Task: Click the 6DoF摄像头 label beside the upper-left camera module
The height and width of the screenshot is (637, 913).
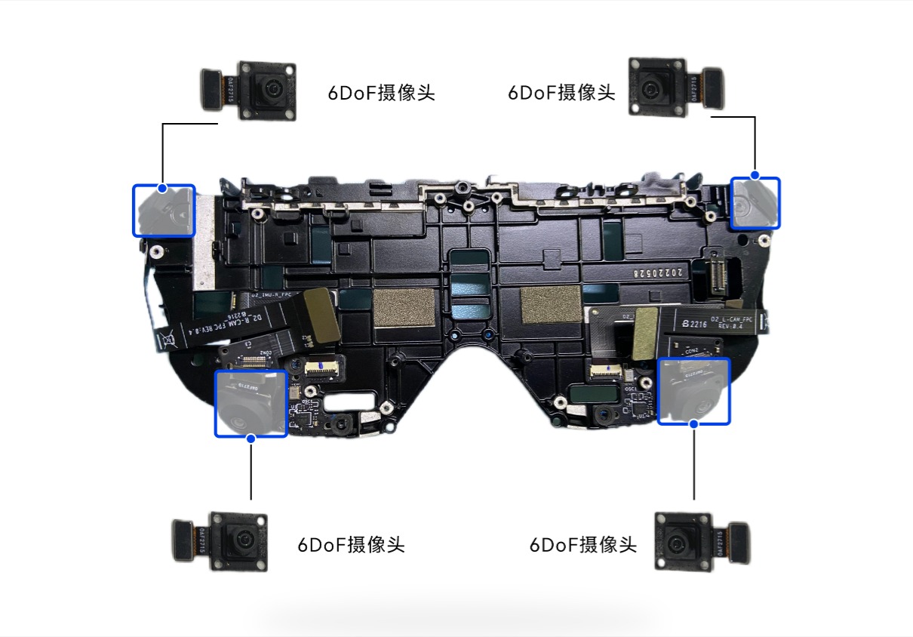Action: (381, 93)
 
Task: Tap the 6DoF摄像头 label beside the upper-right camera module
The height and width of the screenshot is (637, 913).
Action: (561, 93)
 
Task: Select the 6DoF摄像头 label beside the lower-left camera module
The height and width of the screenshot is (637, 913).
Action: (351, 544)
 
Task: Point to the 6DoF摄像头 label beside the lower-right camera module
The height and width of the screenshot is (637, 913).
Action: (583, 544)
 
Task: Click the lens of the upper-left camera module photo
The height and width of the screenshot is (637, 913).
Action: (267, 90)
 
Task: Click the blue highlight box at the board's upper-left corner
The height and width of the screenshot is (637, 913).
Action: (164, 211)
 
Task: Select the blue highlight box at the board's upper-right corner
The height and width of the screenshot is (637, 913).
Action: (755, 204)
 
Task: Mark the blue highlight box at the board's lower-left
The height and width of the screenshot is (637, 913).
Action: (251, 403)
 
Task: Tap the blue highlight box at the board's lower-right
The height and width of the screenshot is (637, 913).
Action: (694, 391)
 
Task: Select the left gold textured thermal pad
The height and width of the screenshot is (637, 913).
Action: (404, 306)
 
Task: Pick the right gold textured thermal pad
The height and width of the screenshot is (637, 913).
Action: (551, 302)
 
